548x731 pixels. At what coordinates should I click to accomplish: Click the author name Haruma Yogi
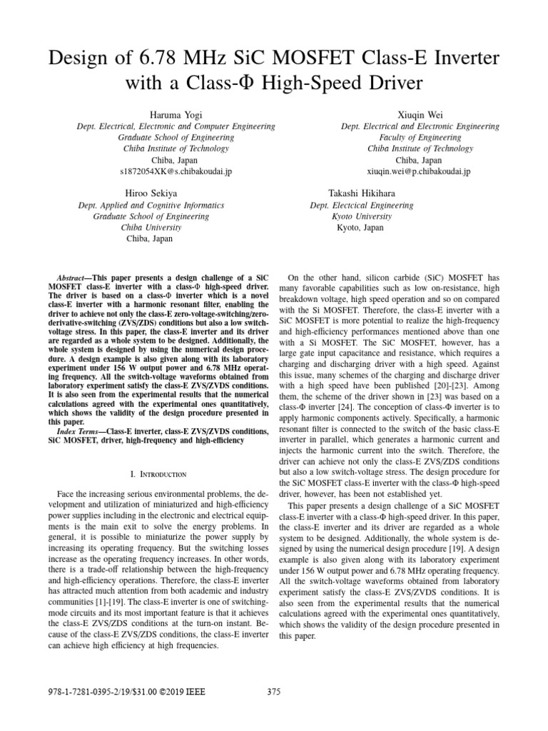175,115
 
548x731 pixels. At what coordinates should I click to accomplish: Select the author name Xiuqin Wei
420,115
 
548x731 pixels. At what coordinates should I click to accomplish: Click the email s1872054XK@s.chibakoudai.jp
175,172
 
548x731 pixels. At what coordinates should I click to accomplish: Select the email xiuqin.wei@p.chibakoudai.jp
420,172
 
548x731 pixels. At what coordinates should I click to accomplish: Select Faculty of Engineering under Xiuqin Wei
420,138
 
